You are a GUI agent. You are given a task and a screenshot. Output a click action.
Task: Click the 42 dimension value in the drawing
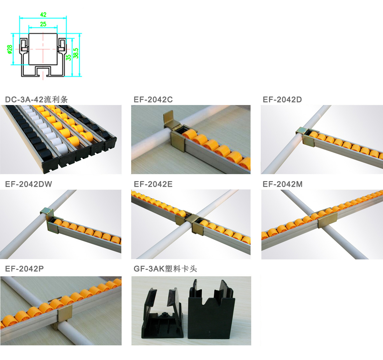43,15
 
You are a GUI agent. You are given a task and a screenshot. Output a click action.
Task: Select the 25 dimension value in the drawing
43,24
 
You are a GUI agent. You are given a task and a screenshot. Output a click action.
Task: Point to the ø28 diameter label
10,49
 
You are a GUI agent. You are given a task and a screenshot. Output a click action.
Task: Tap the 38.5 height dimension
76,53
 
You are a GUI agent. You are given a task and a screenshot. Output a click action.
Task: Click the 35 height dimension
68,58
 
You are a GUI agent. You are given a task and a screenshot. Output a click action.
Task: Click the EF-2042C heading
153,100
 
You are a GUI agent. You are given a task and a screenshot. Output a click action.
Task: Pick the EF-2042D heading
282,100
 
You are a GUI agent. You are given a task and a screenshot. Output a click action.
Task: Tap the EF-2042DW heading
29,184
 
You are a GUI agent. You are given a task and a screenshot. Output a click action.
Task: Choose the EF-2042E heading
153,184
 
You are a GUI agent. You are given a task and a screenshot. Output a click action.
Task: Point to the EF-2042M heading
282,184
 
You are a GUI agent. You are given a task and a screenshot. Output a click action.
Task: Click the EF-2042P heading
25,269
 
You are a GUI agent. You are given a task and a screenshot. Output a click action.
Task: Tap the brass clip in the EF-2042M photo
327,219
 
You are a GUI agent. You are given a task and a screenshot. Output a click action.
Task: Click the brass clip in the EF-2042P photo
65,314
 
